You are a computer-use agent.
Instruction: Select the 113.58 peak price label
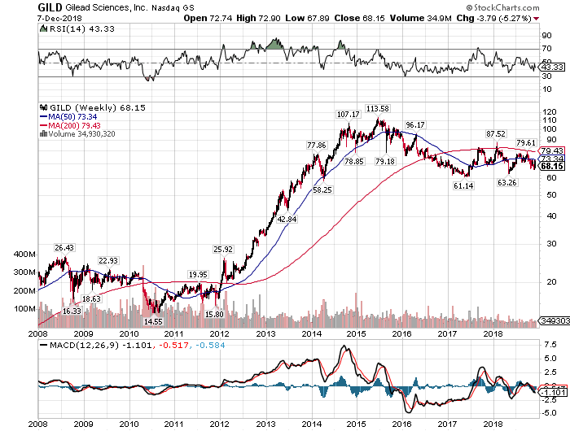378,108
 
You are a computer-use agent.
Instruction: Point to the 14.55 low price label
154,321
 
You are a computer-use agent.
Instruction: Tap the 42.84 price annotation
287,219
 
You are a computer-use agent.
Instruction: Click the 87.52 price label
496,133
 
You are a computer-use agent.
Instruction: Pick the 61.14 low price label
463,186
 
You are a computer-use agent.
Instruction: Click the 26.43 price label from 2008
64,247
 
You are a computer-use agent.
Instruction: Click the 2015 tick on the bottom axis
354,423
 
